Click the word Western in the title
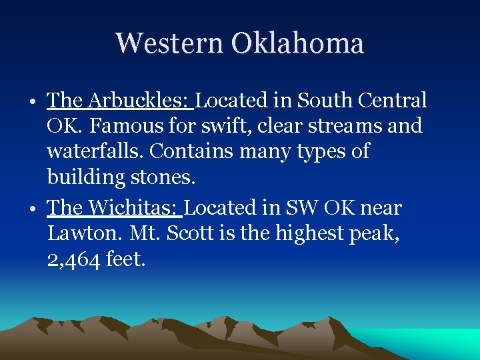click(169, 43)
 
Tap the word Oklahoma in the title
click(297, 43)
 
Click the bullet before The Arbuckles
click(33, 103)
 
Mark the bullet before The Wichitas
click(33, 210)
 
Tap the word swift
click(225, 126)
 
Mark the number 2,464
click(73, 259)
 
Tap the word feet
click(125, 259)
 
